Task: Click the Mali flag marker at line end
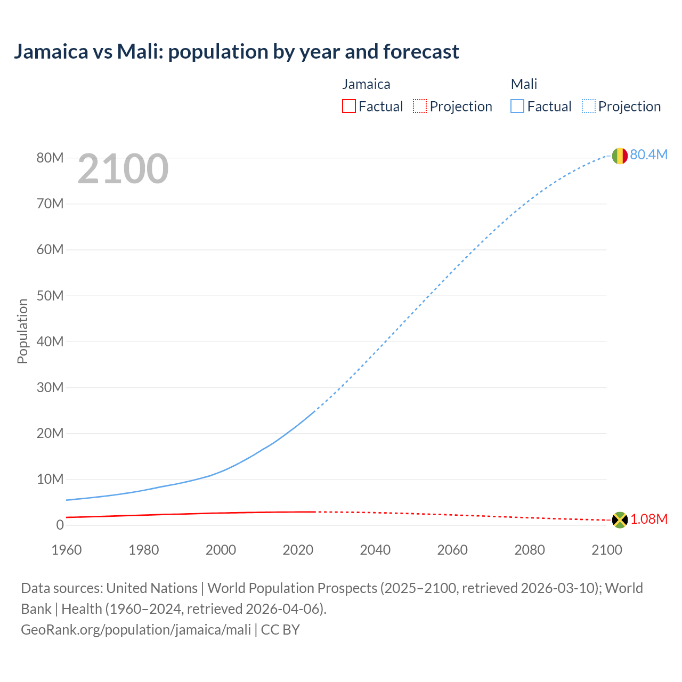pyautogui.click(x=619, y=156)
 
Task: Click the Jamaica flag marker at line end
pyautogui.click(x=620, y=519)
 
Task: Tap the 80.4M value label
pyautogui.click(x=648, y=155)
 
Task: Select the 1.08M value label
pyautogui.click(x=649, y=519)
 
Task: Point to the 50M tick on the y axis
pyautogui.click(x=50, y=296)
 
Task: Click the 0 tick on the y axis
pyautogui.click(x=60, y=525)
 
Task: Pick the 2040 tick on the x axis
pyautogui.click(x=375, y=550)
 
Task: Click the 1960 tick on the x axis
pyautogui.click(x=67, y=550)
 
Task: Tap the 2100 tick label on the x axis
pyautogui.click(x=607, y=550)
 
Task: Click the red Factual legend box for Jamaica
pyautogui.click(x=349, y=107)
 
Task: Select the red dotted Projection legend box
pyautogui.click(x=420, y=107)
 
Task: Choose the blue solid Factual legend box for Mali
pyautogui.click(x=517, y=107)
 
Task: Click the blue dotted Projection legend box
pyautogui.click(x=588, y=107)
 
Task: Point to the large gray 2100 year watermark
pyautogui.click(x=123, y=169)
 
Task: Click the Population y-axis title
pyautogui.click(x=22, y=331)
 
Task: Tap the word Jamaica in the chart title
pyautogui.click(x=51, y=52)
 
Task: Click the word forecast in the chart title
pyautogui.click(x=421, y=52)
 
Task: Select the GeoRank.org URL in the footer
pyautogui.click(x=136, y=630)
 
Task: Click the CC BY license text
pyautogui.click(x=280, y=630)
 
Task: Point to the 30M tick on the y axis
pyautogui.click(x=50, y=387)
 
